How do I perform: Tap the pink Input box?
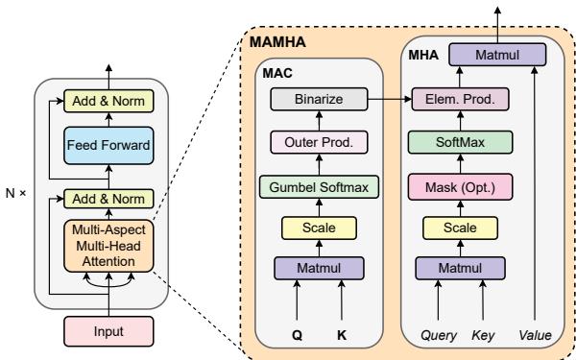click(x=108, y=331)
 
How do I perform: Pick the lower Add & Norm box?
click(x=108, y=200)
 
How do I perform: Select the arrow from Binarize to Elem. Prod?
click(x=389, y=97)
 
